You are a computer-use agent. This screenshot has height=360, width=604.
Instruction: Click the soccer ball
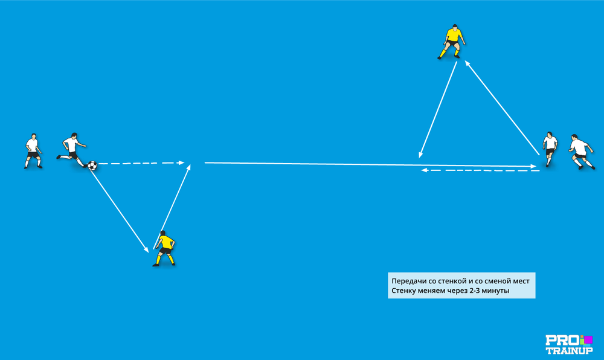click(92, 166)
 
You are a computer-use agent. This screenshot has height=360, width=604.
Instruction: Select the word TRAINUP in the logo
click(569, 350)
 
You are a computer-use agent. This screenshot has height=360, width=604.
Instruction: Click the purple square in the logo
click(588, 339)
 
